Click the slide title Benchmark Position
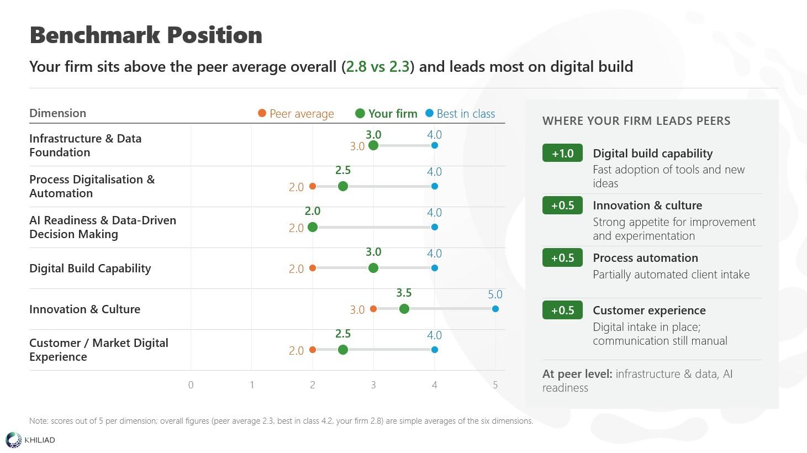click(x=146, y=35)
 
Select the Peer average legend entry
click(x=296, y=113)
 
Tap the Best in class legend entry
click(x=460, y=113)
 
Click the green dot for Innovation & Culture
click(x=404, y=309)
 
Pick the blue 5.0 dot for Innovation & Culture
click(x=495, y=309)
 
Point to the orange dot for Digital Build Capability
click(x=313, y=268)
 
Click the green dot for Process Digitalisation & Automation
click(x=343, y=186)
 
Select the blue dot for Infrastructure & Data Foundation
click(x=435, y=146)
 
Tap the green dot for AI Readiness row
click(x=313, y=228)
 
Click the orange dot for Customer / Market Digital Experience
click(x=313, y=350)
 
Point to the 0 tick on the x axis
click(x=191, y=385)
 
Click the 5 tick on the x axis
click(x=495, y=385)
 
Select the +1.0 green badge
click(x=562, y=153)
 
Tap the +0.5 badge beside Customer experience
click(x=562, y=310)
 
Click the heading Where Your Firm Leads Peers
click(x=636, y=121)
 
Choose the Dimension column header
click(x=57, y=113)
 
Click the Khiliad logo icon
click(x=14, y=440)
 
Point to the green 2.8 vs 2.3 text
click(x=378, y=67)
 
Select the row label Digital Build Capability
click(x=90, y=268)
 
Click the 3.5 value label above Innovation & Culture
click(x=404, y=293)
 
